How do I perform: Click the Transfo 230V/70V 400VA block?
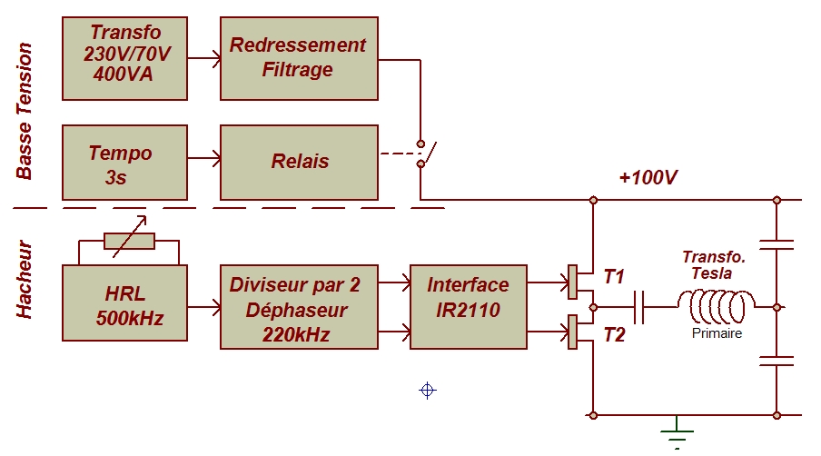[124, 58]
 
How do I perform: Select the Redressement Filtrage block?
[299, 58]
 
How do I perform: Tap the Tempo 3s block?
[124, 163]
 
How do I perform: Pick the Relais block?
[299, 163]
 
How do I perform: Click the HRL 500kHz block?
[124, 303]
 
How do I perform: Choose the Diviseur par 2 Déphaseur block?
[299, 307]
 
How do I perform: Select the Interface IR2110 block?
[468, 307]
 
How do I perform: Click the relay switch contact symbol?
[425, 154]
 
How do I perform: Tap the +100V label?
[648, 177]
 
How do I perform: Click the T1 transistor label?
[614, 277]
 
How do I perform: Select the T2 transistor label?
[614, 334]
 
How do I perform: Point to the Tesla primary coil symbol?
[717, 307]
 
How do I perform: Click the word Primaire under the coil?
[717, 333]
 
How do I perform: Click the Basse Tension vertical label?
[25, 111]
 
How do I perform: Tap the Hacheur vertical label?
[25, 279]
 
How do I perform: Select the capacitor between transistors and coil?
[638, 307]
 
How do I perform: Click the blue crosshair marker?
[428, 391]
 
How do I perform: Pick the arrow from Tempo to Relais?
[204, 158]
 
